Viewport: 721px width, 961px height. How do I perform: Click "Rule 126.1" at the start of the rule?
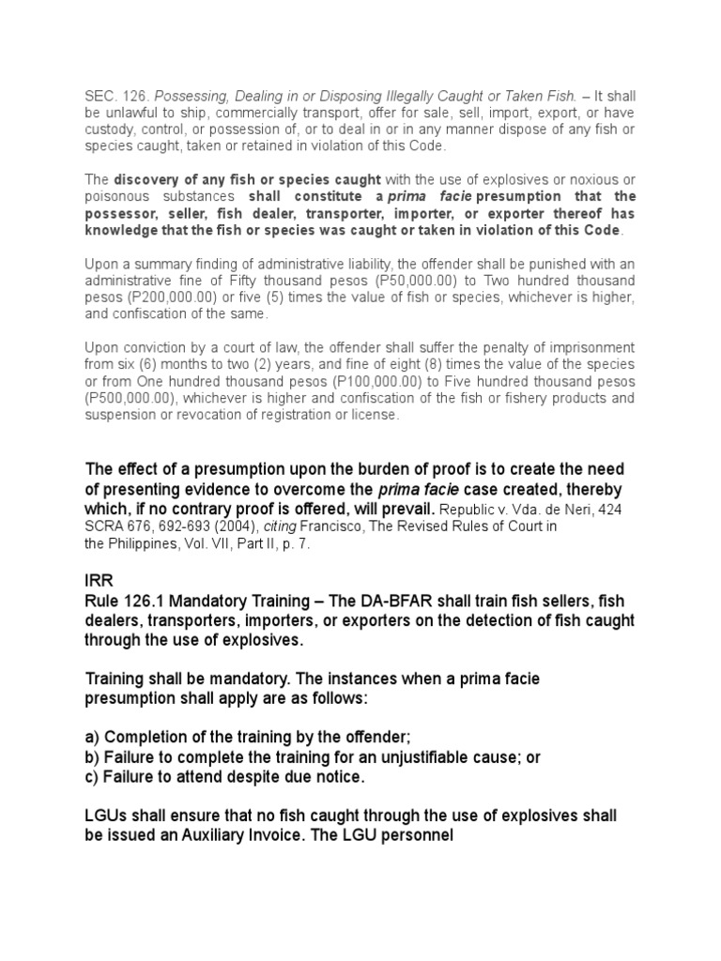pos(122,604)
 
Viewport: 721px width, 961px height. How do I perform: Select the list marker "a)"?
pos(93,740)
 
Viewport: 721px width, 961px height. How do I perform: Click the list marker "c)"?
pos(93,777)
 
